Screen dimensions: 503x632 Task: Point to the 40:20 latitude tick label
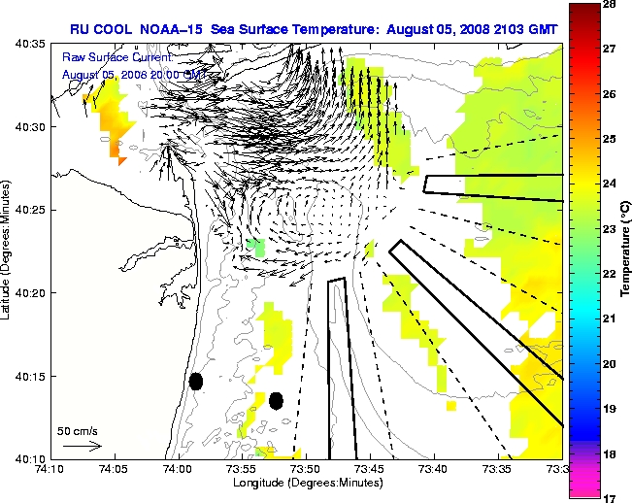[30, 292]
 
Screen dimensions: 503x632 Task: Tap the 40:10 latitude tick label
[30, 457]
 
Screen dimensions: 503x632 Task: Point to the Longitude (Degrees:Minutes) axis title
[306, 483]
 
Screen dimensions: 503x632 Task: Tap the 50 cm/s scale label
[76, 430]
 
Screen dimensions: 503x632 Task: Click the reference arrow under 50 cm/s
[82, 446]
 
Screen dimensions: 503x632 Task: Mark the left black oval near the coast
[196, 381]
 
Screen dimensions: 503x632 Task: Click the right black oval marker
[276, 400]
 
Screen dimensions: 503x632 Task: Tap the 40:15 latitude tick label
[30, 376]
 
